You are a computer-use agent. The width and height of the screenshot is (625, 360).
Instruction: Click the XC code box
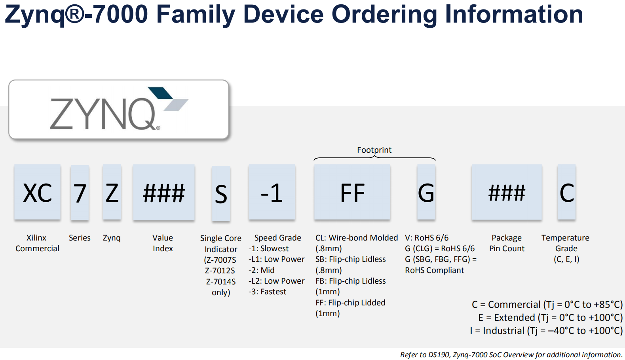(x=37, y=192)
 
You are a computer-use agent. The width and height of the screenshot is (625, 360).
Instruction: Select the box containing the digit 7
(x=80, y=193)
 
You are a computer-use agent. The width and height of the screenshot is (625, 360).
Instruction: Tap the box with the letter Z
(x=112, y=192)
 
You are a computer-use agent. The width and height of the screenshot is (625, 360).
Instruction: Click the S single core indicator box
(x=221, y=194)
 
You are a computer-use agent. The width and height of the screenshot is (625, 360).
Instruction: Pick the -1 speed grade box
(x=272, y=192)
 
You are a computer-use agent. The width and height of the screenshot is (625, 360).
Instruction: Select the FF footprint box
(x=352, y=192)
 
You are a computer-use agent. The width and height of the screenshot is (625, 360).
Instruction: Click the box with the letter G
(x=426, y=192)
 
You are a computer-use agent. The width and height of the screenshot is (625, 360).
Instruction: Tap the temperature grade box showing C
(x=566, y=192)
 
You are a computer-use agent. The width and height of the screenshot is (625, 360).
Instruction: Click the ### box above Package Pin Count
(x=506, y=192)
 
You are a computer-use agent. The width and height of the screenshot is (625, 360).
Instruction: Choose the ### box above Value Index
(x=163, y=192)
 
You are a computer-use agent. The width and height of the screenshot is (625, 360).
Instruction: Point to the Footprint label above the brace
(x=374, y=150)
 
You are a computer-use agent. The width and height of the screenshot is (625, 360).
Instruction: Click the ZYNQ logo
(x=119, y=110)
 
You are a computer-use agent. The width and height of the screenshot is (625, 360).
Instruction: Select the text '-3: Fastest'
(x=267, y=292)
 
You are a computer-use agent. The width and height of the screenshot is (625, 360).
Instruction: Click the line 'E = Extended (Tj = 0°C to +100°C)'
(x=550, y=318)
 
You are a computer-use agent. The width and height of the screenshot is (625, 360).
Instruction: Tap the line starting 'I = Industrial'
(x=546, y=331)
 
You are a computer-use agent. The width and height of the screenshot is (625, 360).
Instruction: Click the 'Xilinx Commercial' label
(x=37, y=243)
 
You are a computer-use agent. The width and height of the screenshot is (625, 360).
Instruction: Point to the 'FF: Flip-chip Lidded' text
(x=350, y=303)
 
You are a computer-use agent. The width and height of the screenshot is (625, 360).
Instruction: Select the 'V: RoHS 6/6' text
(x=427, y=238)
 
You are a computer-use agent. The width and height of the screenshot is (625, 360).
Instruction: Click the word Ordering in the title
(x=384, y=14)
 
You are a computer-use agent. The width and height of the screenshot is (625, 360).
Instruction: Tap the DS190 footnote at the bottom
(x=511, y=354)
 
